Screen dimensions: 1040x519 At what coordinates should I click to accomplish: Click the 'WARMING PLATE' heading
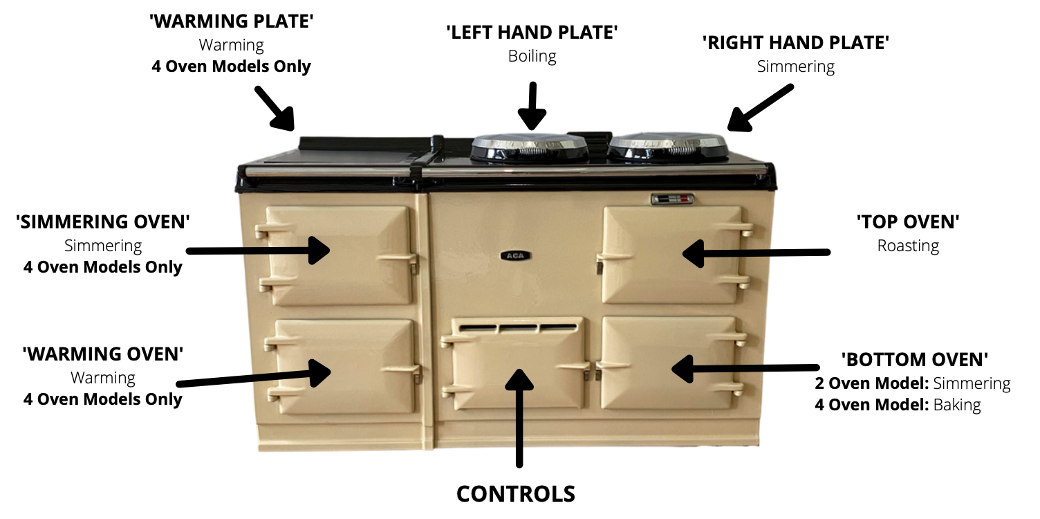231,21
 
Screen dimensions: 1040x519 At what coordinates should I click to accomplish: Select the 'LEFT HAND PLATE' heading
532,33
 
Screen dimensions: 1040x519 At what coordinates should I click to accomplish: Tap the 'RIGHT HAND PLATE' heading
796,43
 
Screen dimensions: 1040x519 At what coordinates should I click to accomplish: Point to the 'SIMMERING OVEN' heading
103,222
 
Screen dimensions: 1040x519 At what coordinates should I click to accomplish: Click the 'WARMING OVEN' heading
103,354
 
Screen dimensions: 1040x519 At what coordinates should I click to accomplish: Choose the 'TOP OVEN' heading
908,222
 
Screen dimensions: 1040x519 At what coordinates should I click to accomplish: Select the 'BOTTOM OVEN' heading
915,360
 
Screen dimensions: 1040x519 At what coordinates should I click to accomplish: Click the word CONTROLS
516,494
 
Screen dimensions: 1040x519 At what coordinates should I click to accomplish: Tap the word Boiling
532,56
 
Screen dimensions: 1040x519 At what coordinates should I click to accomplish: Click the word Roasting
908,246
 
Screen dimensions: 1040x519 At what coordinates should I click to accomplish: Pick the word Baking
957,405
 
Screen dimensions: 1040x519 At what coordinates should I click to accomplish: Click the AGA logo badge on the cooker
515,255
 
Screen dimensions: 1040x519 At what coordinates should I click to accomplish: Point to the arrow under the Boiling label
532,106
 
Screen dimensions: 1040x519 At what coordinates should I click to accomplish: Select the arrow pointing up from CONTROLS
519,418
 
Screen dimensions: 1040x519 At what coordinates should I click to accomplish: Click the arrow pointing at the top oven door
756,253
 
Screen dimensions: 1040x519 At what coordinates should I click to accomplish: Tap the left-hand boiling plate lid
529,148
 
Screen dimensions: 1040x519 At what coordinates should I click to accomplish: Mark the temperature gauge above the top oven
672,199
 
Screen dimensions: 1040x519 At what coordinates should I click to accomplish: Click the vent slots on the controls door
518,327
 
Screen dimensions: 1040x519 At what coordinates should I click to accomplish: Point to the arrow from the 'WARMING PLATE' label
275,108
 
